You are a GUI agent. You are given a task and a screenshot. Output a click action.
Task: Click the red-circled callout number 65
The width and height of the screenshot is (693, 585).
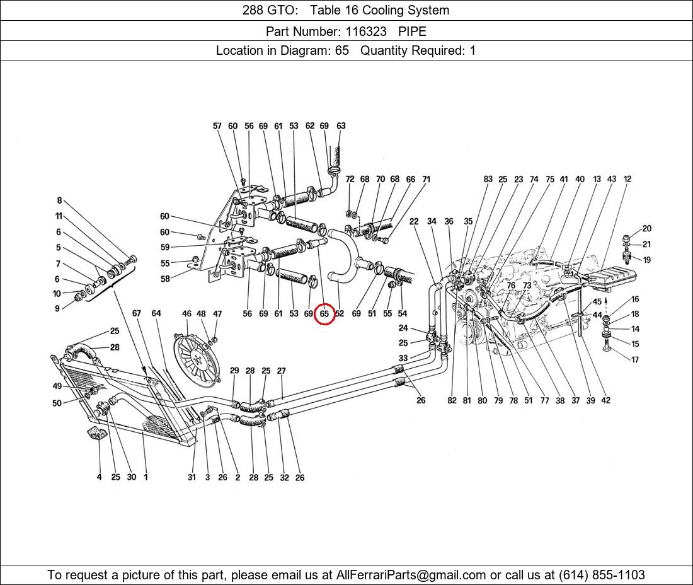(x=324, y=313)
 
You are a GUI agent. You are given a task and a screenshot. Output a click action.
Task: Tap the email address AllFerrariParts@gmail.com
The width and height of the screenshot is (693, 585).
(x=411, y=575)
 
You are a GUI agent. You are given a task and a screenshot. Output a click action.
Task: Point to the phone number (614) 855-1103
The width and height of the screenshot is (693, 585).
(x=601, y=575)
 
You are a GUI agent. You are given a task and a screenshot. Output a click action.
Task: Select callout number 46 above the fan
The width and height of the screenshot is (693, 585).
(x=186, y=313)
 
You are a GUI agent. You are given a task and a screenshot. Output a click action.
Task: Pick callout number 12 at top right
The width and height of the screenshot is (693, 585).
(x=627, y=179)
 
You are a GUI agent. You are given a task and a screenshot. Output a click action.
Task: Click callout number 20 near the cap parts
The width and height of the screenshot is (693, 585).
(x=647, y=229)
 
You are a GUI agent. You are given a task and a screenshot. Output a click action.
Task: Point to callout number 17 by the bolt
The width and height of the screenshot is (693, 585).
(x=635, y=360)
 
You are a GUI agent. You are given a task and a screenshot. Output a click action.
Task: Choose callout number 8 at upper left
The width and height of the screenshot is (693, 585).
(x=59, y=201)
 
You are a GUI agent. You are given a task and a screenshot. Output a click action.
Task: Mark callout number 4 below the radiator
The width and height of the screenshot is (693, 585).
(x=99, y=477)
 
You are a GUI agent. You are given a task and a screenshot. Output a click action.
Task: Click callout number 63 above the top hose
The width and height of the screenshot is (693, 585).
(x=341, y=126)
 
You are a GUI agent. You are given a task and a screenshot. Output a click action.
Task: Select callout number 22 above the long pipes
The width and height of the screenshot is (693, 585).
(x=414, y=221)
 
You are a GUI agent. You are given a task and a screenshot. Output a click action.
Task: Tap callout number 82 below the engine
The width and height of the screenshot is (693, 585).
(x=452, y=400)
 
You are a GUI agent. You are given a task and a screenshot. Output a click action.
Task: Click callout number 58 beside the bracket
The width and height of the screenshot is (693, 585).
(x=165, y=279)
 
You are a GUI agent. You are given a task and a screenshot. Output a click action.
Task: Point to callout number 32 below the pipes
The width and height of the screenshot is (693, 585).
(x=284, y=478)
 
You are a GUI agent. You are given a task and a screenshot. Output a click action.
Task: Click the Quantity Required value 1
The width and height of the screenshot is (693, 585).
(x=472, y=50)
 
